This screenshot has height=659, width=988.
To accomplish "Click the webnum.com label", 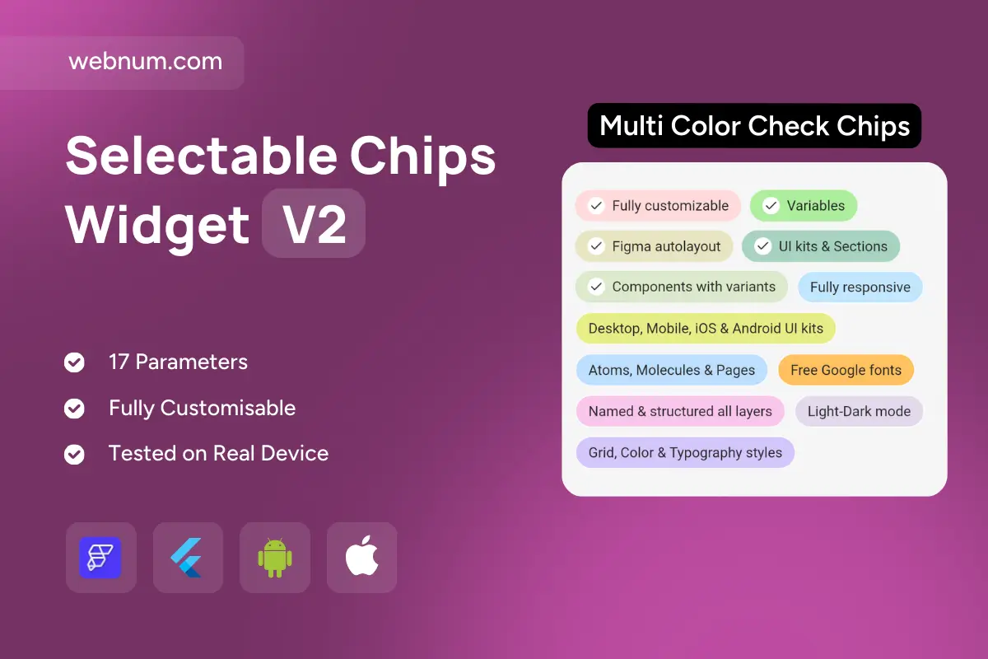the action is click(146, 61).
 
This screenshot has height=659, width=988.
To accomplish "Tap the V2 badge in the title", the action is click(314, 223).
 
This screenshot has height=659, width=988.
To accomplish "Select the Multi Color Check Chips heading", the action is click(754, 126).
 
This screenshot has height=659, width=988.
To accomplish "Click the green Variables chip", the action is click(804, 206).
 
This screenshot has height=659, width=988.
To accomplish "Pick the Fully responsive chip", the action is click(860, 287).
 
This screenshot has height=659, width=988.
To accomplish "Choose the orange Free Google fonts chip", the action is click(846, 370).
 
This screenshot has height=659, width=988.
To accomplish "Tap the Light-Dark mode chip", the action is click(859, 411).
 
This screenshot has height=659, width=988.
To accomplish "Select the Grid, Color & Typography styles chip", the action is click(685, 453).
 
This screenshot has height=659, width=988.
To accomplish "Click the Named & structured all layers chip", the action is click(680, 411).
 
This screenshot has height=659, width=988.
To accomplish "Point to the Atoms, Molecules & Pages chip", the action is click(671, 370).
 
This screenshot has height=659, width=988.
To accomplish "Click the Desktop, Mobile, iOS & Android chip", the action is click(706, 329).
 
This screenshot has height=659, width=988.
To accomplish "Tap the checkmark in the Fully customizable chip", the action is click(596, 206).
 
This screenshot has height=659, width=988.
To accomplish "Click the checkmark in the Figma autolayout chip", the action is click(596, 246).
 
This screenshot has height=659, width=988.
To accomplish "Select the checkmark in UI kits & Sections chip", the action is click(762, 246).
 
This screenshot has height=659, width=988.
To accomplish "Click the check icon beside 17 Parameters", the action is click(74, 362).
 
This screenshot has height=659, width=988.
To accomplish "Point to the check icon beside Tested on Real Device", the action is click(74, 454).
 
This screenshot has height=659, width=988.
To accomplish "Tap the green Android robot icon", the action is click(275, 558).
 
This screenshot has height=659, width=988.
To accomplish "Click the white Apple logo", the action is click(361, 556).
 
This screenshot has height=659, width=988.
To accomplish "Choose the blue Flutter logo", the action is click(187, 558).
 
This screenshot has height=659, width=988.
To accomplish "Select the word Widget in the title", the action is click(157, 225).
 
